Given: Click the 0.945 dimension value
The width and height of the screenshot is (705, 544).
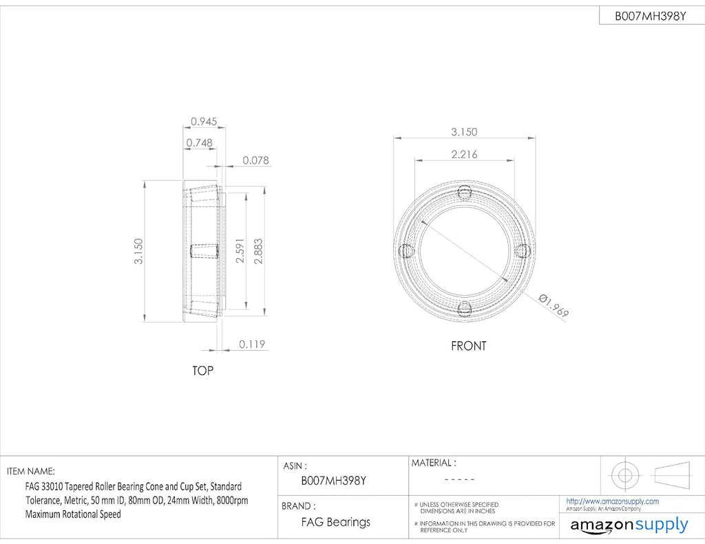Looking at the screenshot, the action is pos(204,121).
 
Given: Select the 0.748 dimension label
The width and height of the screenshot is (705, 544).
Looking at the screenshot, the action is pos(199,143).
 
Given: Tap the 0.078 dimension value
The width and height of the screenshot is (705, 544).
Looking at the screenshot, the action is pos(256,160).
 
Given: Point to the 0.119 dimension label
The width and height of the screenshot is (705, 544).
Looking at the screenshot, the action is pos(252,344).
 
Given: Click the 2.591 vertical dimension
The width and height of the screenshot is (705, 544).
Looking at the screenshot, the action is pos(240,250).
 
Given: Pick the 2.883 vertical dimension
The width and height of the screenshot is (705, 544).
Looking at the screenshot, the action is pos(259,250).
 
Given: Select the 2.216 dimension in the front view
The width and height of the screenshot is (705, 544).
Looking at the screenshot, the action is pos(465,155).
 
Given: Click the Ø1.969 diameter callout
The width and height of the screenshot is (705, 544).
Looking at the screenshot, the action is pos(554,305).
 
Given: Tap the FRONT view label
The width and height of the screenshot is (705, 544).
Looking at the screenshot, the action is pos(468,346).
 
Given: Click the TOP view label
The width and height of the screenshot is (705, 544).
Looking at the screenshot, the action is pos(202,371).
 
